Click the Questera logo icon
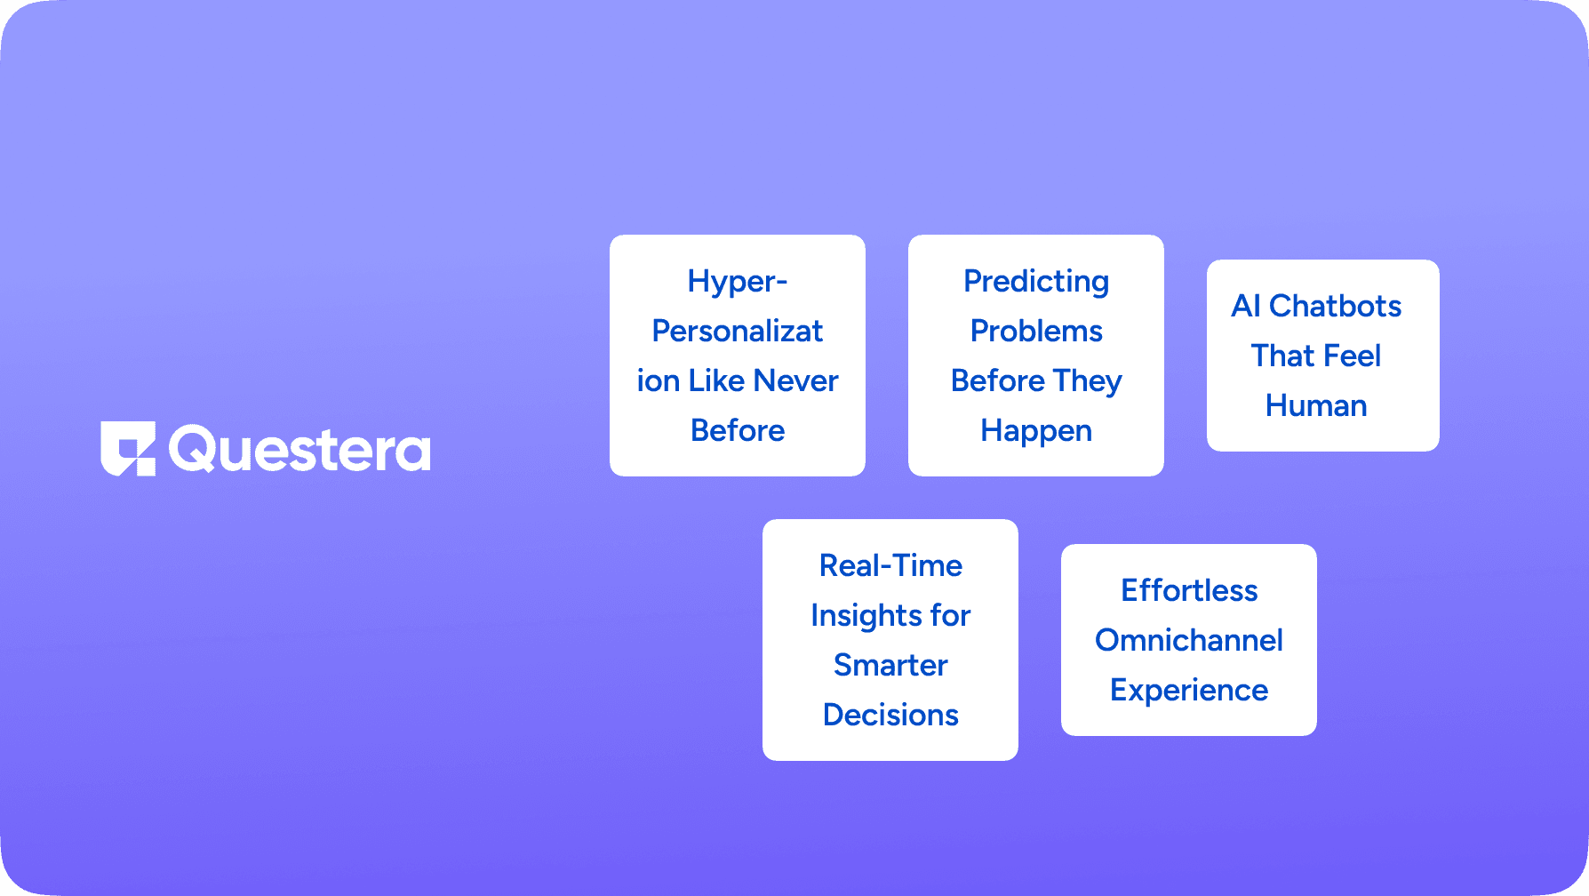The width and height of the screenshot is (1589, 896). pos(128,448)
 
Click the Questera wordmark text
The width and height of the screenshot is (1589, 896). pos(299,450)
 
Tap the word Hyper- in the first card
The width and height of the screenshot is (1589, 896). pos(737,282)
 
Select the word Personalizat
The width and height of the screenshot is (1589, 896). pos(737,332)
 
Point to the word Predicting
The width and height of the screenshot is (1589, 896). pos(1036,282)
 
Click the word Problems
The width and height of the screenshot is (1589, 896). pos(1036,332)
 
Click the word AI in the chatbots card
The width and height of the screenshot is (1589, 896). pos(1246,307)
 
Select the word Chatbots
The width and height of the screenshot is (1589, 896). pos(1335,307)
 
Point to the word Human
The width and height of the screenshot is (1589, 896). pos(1316,406)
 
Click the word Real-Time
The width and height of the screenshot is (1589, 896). pos(890,566)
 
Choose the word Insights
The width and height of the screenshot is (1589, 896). pos(853,616)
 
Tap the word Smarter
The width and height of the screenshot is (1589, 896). pos(890,666)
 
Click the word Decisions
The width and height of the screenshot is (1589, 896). pos(890,716)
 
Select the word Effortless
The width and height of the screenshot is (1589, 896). pos(1189,591)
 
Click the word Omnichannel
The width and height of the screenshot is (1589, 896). pos(1189,641)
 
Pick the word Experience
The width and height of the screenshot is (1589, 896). pos(1189,691)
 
